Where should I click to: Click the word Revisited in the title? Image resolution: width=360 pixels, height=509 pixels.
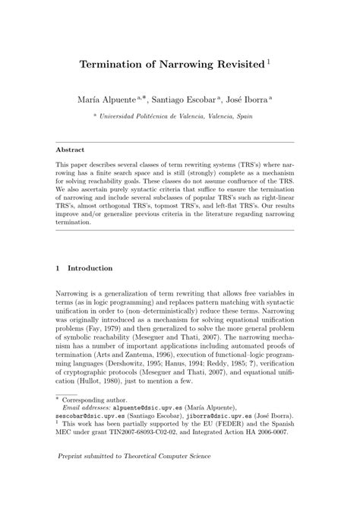coord(235,65)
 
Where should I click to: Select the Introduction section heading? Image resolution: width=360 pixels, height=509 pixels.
coord(90,268)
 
